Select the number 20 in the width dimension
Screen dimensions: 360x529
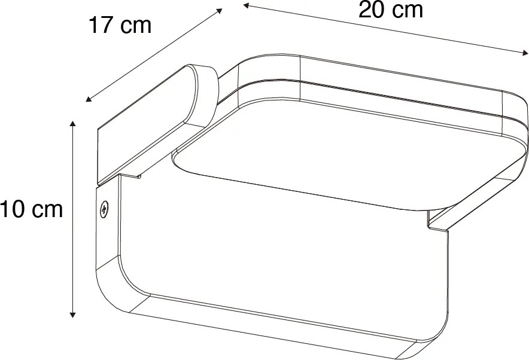tap(372, 10)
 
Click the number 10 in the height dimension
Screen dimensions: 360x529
tap(13, 210)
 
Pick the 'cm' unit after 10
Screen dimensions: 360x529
tap(47, 210)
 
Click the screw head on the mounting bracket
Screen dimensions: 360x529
tap(104, 209)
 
